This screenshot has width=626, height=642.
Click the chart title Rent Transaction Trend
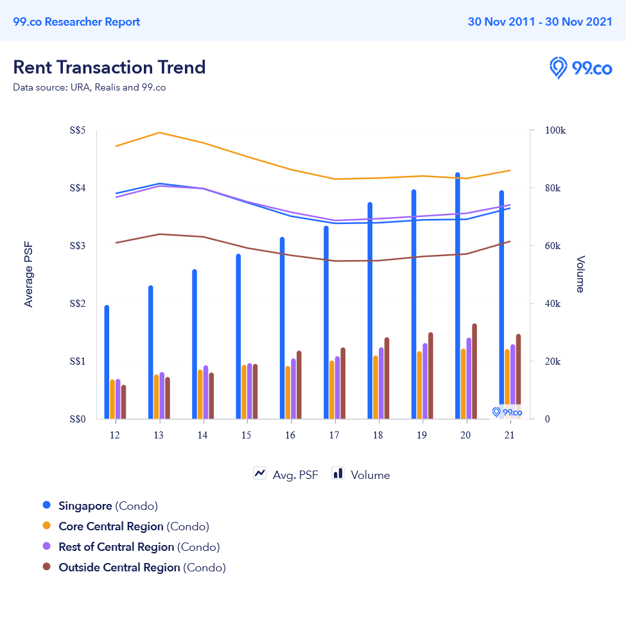pyautogui.click(x=109, y=67)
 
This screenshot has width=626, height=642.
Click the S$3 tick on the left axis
pyautogui.click(x=77, y=246)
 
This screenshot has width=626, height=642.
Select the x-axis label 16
pyautogui.click(x=290, y=435)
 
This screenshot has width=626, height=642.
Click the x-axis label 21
pyautogui.click(x=510, y=435)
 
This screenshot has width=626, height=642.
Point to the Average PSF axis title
pyautogui.click(x=28, y=275)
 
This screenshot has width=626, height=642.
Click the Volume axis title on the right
pyautogui.click(x=580, y=274)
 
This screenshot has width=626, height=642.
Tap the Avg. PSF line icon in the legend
pyautogui.click(x=260, y=474)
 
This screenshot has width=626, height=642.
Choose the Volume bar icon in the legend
pyautogui.click(x=338, y=474)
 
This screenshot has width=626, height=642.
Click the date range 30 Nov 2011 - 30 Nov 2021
pyautogui.click(x=540, y=22)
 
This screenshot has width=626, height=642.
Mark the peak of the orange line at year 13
pyautogui.click(x=159, y=133)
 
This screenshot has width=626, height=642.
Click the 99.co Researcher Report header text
pyautogui.click(x=76, y=22)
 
